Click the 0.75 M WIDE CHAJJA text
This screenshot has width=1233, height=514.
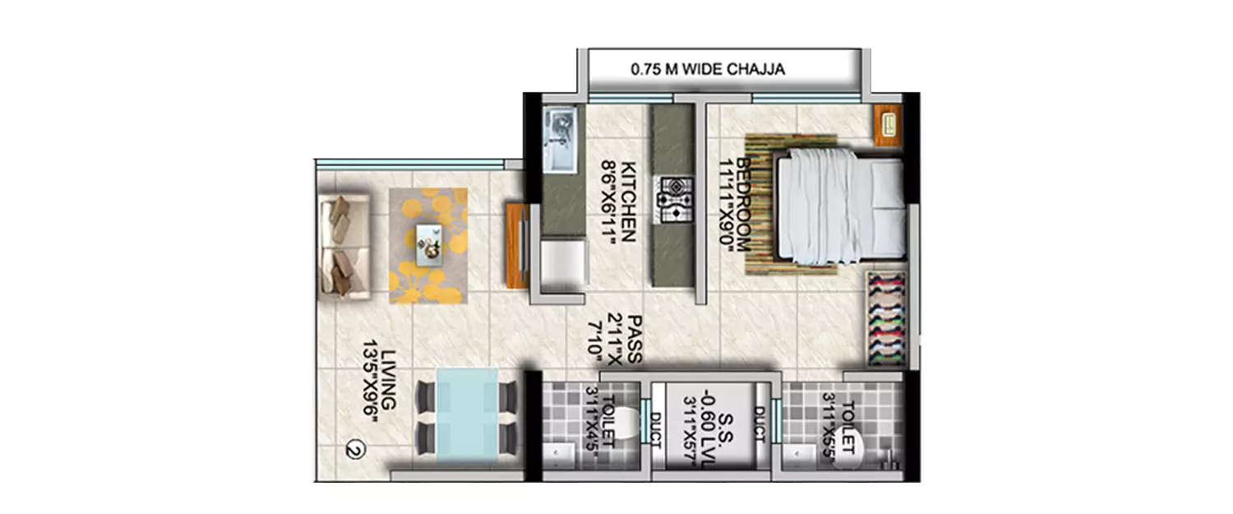coord(707,70)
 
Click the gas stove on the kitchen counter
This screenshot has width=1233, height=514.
coord(673,200)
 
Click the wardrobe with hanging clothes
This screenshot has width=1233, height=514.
coord(886,318)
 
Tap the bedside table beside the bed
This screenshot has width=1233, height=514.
coord(888,126)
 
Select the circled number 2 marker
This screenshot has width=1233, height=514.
coord(353,450)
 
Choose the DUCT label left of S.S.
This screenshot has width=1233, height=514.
coord(655,429)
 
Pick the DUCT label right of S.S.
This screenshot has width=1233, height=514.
coord(758,425)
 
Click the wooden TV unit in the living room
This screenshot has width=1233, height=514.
coord(517,245)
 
